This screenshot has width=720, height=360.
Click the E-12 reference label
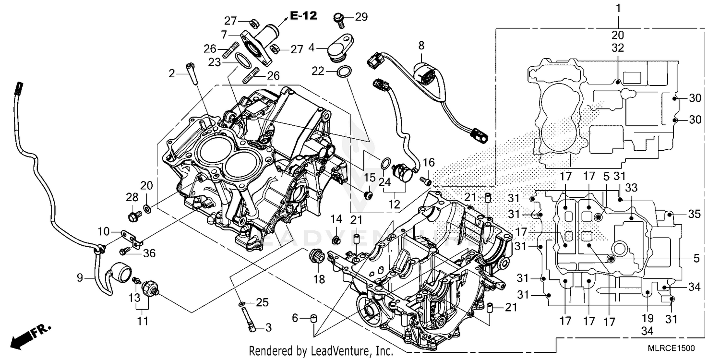click(303, 16)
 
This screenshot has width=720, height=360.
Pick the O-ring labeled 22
click(343, 72)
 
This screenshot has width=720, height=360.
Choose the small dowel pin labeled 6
click(314, 318)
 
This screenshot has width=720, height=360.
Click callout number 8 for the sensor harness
click(421, 46)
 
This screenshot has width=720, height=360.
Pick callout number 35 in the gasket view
click(694, 214)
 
